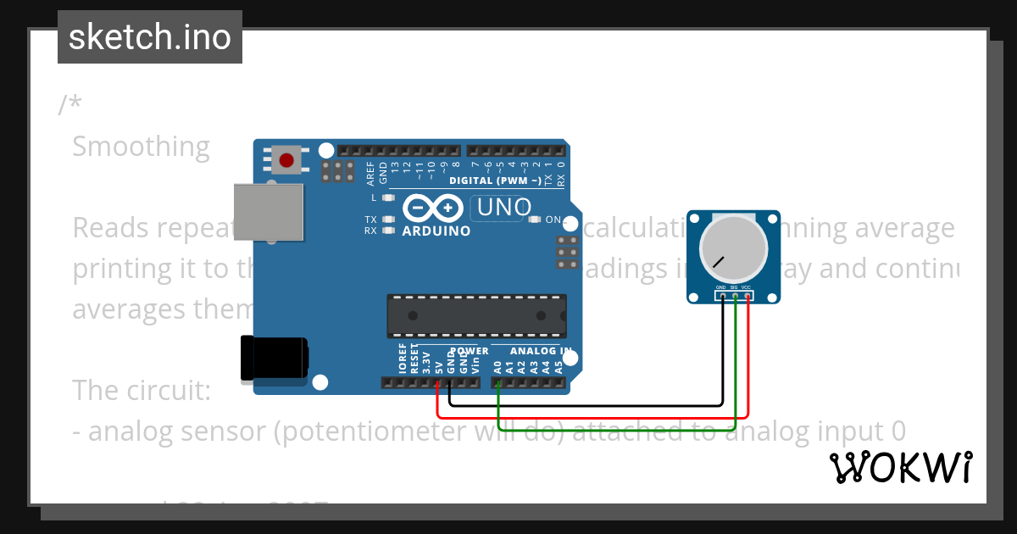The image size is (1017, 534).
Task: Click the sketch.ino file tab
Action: [x=149, y=37]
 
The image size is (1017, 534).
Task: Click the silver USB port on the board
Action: [x=268, y=210]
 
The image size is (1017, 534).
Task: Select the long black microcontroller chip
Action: [x=476, y=314]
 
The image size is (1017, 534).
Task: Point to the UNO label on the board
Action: [x=504, y=207]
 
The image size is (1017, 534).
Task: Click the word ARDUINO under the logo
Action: [x=436, y=231]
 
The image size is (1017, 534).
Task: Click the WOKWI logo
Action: [x=900, y=467]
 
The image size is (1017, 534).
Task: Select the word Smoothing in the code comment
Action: [x=141, y=147]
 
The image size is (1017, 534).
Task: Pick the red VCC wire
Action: [x=593, y=417]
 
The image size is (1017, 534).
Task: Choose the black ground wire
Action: [x=585, y=404]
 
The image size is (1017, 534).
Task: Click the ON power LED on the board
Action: [x=534, y=220]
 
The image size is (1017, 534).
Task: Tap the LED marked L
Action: [x=389, y=197]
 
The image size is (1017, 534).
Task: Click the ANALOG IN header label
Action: [x=540, y=351]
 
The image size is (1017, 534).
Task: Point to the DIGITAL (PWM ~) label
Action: [x=495, y=181]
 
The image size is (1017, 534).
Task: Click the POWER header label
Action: [x=469, y=351]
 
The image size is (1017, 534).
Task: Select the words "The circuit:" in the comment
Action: [x=141, y=390]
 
